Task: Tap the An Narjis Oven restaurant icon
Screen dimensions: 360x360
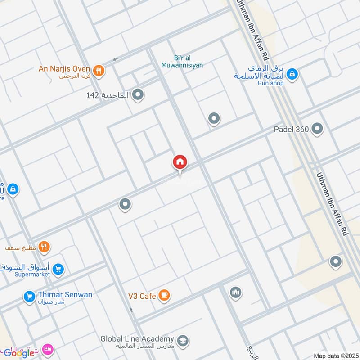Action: coord(99,70)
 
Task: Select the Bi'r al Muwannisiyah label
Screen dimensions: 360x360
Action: coord(182,62)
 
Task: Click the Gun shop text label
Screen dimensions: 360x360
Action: coord(270,83)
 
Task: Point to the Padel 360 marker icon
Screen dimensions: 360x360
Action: coord(317,130)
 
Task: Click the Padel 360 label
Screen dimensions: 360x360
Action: coord(291,130)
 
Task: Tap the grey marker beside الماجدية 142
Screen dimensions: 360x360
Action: coord(138,95)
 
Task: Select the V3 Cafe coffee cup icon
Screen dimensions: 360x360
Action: coord(164,295)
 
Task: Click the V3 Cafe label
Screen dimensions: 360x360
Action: coord(141,296)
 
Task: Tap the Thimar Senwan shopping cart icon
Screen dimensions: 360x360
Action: coord(29,297)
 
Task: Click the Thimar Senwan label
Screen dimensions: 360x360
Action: coord(65,295)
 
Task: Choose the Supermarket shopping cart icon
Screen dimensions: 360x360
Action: coord(58,270)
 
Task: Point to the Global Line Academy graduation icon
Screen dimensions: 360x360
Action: coord(182,340)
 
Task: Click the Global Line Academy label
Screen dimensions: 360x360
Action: coord(137,339)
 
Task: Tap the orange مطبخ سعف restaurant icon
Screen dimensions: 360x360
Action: coord(44,247)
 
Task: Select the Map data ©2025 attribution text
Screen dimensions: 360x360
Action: coord(335,355)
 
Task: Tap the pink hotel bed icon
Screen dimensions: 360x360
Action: coord(48,349)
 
